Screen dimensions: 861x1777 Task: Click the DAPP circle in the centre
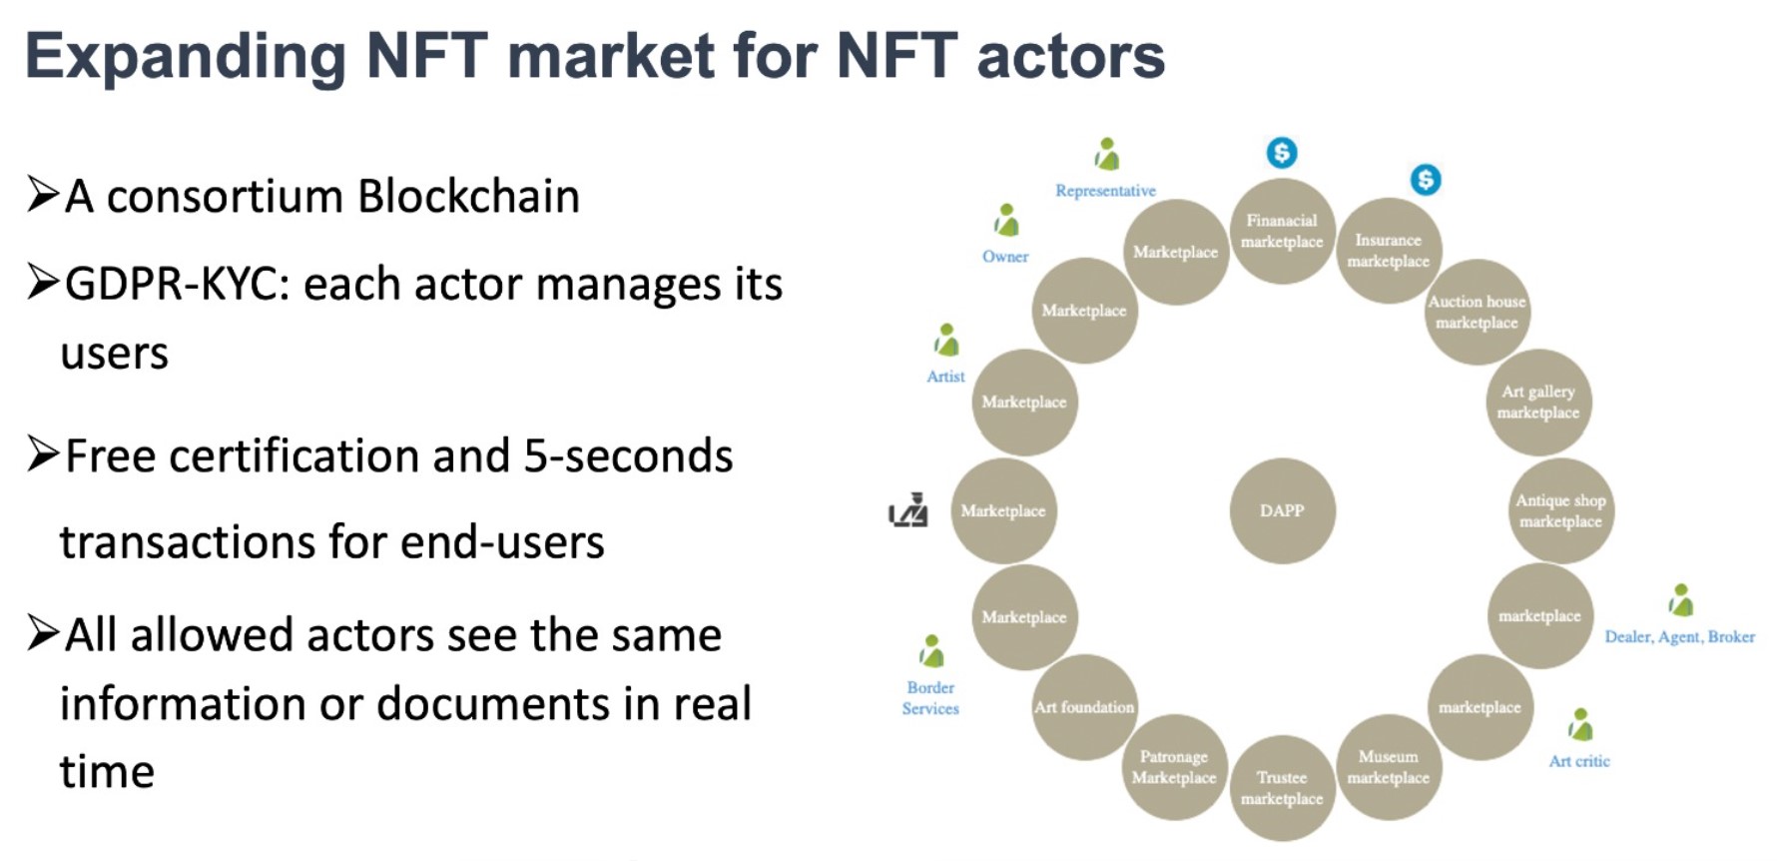click(x=1282, y=510)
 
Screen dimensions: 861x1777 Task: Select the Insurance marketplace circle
click(x=1388, y=251)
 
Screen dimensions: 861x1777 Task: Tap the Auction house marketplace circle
click(x=1477, y=312)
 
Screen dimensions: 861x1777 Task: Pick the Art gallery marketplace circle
click(x=1538, y=402)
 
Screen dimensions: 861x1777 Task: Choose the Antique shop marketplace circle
click(x=1560, y=510)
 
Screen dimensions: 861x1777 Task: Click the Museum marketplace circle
click(x=1388, y=767)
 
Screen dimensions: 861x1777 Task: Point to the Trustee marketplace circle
click(x=1282, y=787)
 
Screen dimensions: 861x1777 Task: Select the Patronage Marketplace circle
click(x=1174, y=767)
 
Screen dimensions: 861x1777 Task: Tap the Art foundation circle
click(x=1084, y=707)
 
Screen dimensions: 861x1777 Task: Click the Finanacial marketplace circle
click(x=1282, y=231)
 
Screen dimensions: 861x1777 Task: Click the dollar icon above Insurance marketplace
click(x=1425, y=180)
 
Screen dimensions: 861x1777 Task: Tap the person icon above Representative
click(x=1106, y=155)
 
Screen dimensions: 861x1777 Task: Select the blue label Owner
click(x=1005, y=257)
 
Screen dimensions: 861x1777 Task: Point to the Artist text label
click(x=945, y=377)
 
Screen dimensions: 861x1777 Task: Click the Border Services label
click(x=930, y=698)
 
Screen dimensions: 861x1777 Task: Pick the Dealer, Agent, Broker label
click(x=1679, y=637)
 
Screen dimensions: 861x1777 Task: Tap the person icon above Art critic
click(x=1579, y=725)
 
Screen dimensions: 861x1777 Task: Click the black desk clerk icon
click(x=908, y=510)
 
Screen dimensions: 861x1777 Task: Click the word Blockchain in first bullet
click(x=468, y=196)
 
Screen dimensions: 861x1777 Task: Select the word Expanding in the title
click(x=186, y=56)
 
